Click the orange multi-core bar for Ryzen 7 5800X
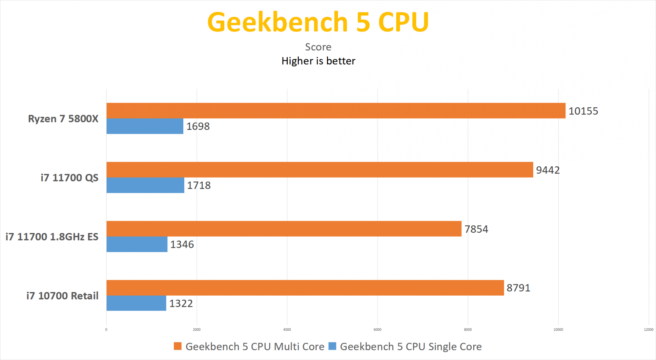coord(336,111)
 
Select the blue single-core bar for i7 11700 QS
coord(145,185)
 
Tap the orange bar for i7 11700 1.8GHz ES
coord(284,229)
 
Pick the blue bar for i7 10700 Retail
coord(136,303)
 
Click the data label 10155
coord(583,111)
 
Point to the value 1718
coord(199,185)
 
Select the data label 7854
coord(476,229)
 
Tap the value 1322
coord(181,304)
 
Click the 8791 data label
coord(518,288)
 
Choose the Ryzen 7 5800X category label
coord(63,118)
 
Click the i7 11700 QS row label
coord(69,178)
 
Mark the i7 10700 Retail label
coord(62,296)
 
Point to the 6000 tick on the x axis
coord(378,329)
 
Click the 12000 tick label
coord(648,329)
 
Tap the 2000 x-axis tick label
coord(197,329)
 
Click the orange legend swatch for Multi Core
coord(177,346)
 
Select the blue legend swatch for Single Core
coord(332,346)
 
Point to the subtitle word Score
coord(318,47)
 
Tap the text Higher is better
coord(318,61)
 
